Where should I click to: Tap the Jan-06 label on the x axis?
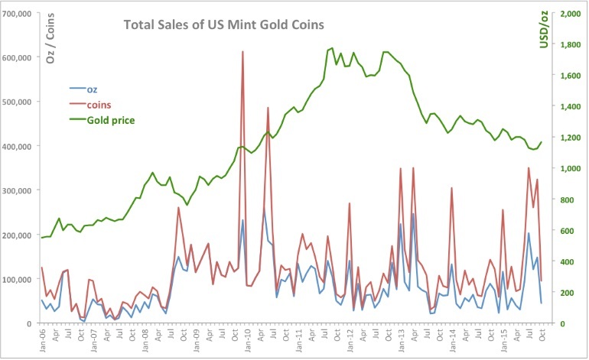tap(42, 339)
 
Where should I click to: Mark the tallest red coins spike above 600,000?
tap(242, 52)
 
